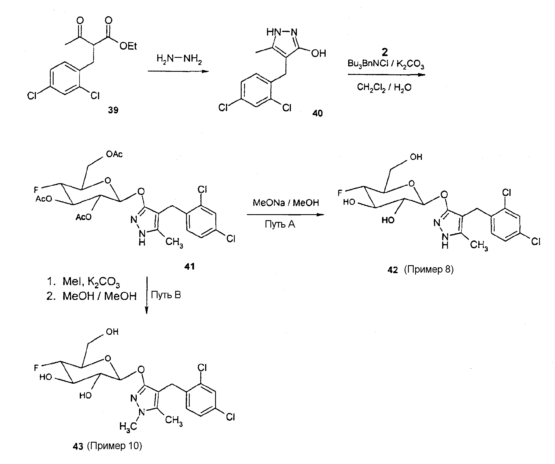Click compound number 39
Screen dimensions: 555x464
pos(113,110)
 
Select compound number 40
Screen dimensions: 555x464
pos(317,113)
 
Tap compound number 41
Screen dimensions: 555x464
pos(189,266)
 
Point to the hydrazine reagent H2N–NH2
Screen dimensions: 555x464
pos(179,59)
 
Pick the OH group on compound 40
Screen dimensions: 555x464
pos(319,53)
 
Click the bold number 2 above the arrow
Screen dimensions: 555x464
pos(385,52)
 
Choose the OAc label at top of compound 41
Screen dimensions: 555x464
pos(114,154)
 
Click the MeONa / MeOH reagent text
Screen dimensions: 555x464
pos(286,203)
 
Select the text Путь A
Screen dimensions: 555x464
pos(280,224)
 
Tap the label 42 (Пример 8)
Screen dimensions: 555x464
pos(420,269)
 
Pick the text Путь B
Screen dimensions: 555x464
pos(166,295)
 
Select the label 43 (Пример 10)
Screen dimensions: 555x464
pos(107,446)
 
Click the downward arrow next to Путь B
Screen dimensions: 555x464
pos(147,295)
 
